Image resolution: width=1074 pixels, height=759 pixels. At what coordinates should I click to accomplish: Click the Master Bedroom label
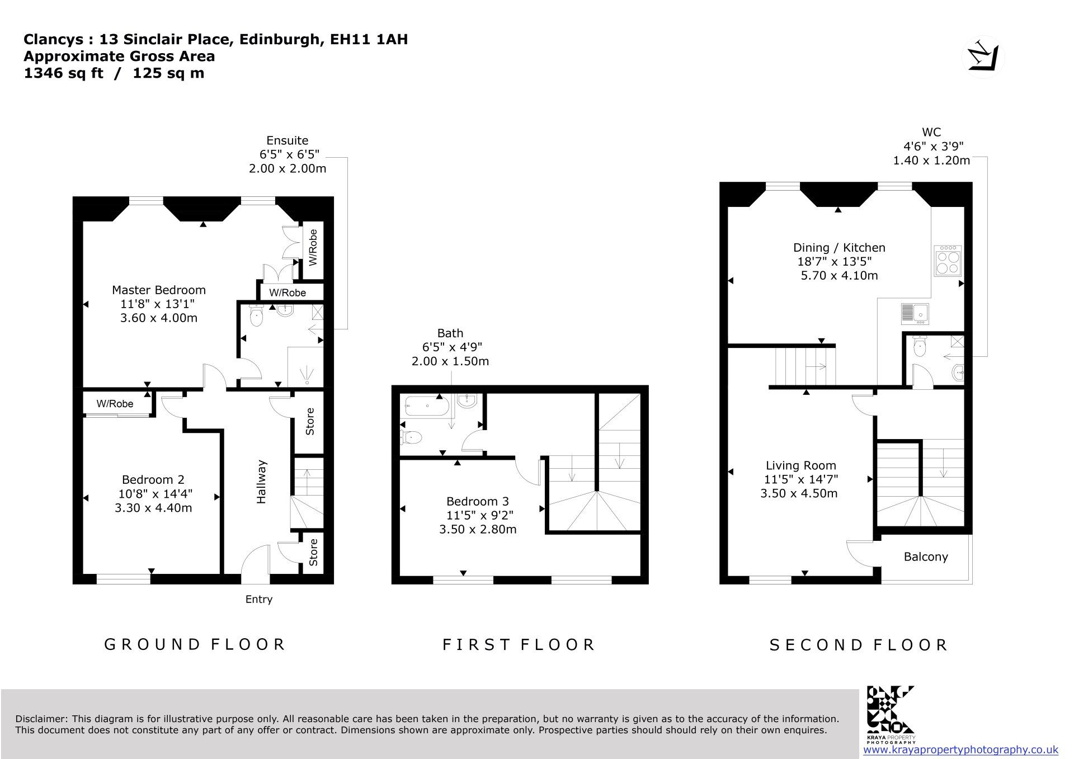click(159, 290)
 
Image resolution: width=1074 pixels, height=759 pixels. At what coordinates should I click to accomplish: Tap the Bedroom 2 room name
click(153, 479)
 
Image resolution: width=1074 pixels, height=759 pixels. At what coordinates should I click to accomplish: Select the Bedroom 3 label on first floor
click(478, 501)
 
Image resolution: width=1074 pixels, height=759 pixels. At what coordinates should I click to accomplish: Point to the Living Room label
click(801, 465)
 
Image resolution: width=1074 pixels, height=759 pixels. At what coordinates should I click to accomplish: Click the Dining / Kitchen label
click(839, 247)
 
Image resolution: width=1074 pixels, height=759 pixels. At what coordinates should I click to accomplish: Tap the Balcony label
click(926, 557)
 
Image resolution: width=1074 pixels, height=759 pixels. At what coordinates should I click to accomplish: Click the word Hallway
click(261, 482)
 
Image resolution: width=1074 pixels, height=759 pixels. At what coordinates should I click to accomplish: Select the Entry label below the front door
click(259, 600)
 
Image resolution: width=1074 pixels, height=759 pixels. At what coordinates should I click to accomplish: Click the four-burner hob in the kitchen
click(947, 261)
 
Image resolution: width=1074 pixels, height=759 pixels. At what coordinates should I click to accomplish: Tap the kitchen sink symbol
click(915, 314)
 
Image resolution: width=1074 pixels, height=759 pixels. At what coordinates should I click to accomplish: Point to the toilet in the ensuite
click(256, 315)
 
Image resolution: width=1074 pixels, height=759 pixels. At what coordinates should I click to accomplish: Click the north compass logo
click(983, 57)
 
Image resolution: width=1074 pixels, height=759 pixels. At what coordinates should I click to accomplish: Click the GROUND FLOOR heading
click(195, 644)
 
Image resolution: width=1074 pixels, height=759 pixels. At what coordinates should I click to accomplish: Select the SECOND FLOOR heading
click(859, 645)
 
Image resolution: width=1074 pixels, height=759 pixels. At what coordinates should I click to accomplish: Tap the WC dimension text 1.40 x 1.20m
click(931, 161)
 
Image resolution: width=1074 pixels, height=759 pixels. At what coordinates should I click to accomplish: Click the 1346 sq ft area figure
click(64, 73)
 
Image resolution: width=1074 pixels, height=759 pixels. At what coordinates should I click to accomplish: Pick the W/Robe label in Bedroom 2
click(115, 404)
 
